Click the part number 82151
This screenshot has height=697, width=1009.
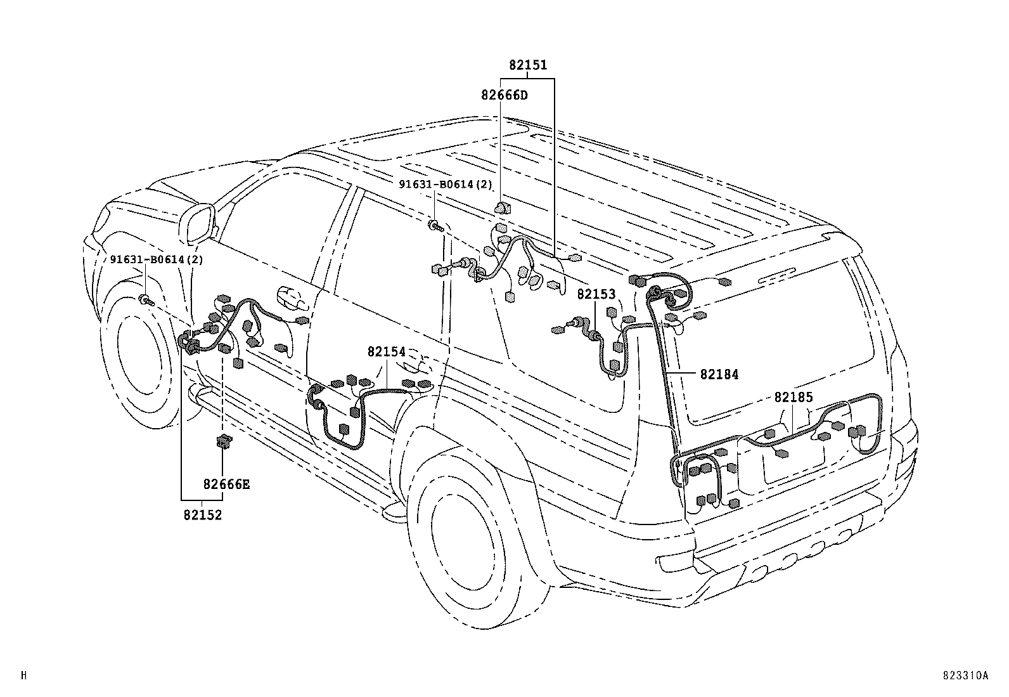[x=527, y=65]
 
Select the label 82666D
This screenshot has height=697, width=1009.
[x=504, y=96]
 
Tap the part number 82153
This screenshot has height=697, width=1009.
[x=596, y=295]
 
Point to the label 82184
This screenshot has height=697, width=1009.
[x=719, y=375]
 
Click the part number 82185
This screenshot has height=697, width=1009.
[x=793, y=397]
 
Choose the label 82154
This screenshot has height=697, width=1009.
[x=386, y=351]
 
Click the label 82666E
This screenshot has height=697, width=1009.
[x=226, y=485]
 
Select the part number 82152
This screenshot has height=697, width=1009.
[x=203, y=515]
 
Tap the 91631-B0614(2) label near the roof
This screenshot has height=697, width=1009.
[x=445, y=185]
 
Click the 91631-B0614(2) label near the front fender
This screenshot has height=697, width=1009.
[x=156, y=259]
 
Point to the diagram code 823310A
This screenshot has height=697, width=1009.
[x=965, y=676]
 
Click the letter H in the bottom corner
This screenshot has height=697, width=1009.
[x=24, y=676]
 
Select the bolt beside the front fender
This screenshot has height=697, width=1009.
[x=146, y=301]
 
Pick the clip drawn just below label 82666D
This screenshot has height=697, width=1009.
[x=503, y=207]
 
